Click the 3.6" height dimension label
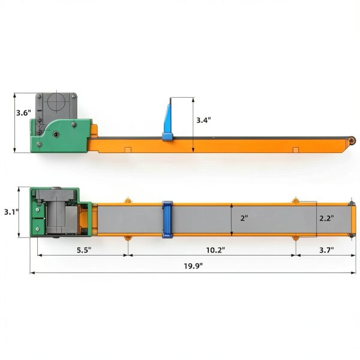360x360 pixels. (x=23, y=113)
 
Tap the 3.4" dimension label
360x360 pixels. (x=203, y=120)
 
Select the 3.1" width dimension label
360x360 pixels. (x=11, y=212)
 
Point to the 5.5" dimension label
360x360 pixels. (x=84, y=250)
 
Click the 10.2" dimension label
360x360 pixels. (x=215, y=250)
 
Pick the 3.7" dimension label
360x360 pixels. (x=327, y=250)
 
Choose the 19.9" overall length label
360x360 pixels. (x=193, y=266)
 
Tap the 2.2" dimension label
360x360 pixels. (x=326, y=218)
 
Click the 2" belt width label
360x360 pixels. (x=244, y=218)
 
